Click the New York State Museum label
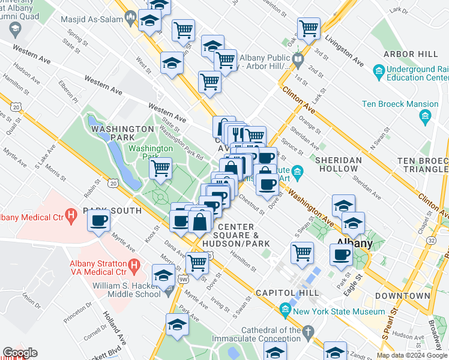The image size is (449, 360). coord(339,311)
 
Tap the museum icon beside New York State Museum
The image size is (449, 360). coord(285,310)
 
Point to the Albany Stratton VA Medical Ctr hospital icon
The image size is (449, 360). coord(134,265)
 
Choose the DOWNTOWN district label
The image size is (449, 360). coord(402,296)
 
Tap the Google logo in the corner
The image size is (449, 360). coord(20,352)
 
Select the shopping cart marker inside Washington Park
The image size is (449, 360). coord(160,169)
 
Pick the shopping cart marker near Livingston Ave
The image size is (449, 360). coord(309,28)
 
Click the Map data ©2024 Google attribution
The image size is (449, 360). coord(412,355)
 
